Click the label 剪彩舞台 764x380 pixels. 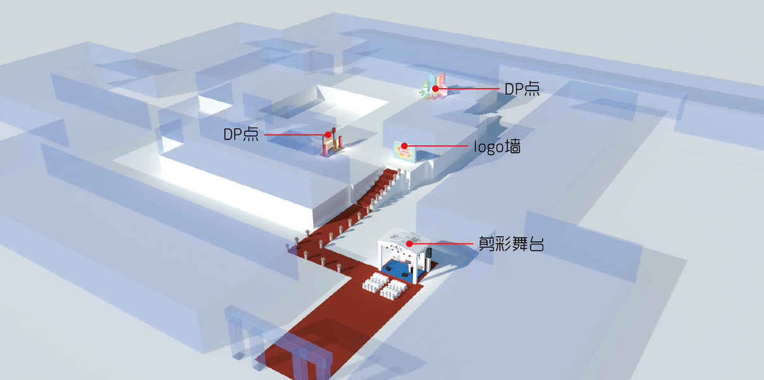(511, 244)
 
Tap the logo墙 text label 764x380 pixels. (497, 147)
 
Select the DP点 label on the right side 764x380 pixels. (522, 89)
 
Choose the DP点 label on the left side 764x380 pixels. (241, 135)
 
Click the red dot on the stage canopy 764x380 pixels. (409, 243)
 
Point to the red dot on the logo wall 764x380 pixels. (405, 146)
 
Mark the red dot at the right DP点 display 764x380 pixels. (435, 89)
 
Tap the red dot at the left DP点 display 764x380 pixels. (328, 135)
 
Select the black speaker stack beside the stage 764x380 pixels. (430, 257)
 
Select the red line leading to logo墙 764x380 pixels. (436, 146)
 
